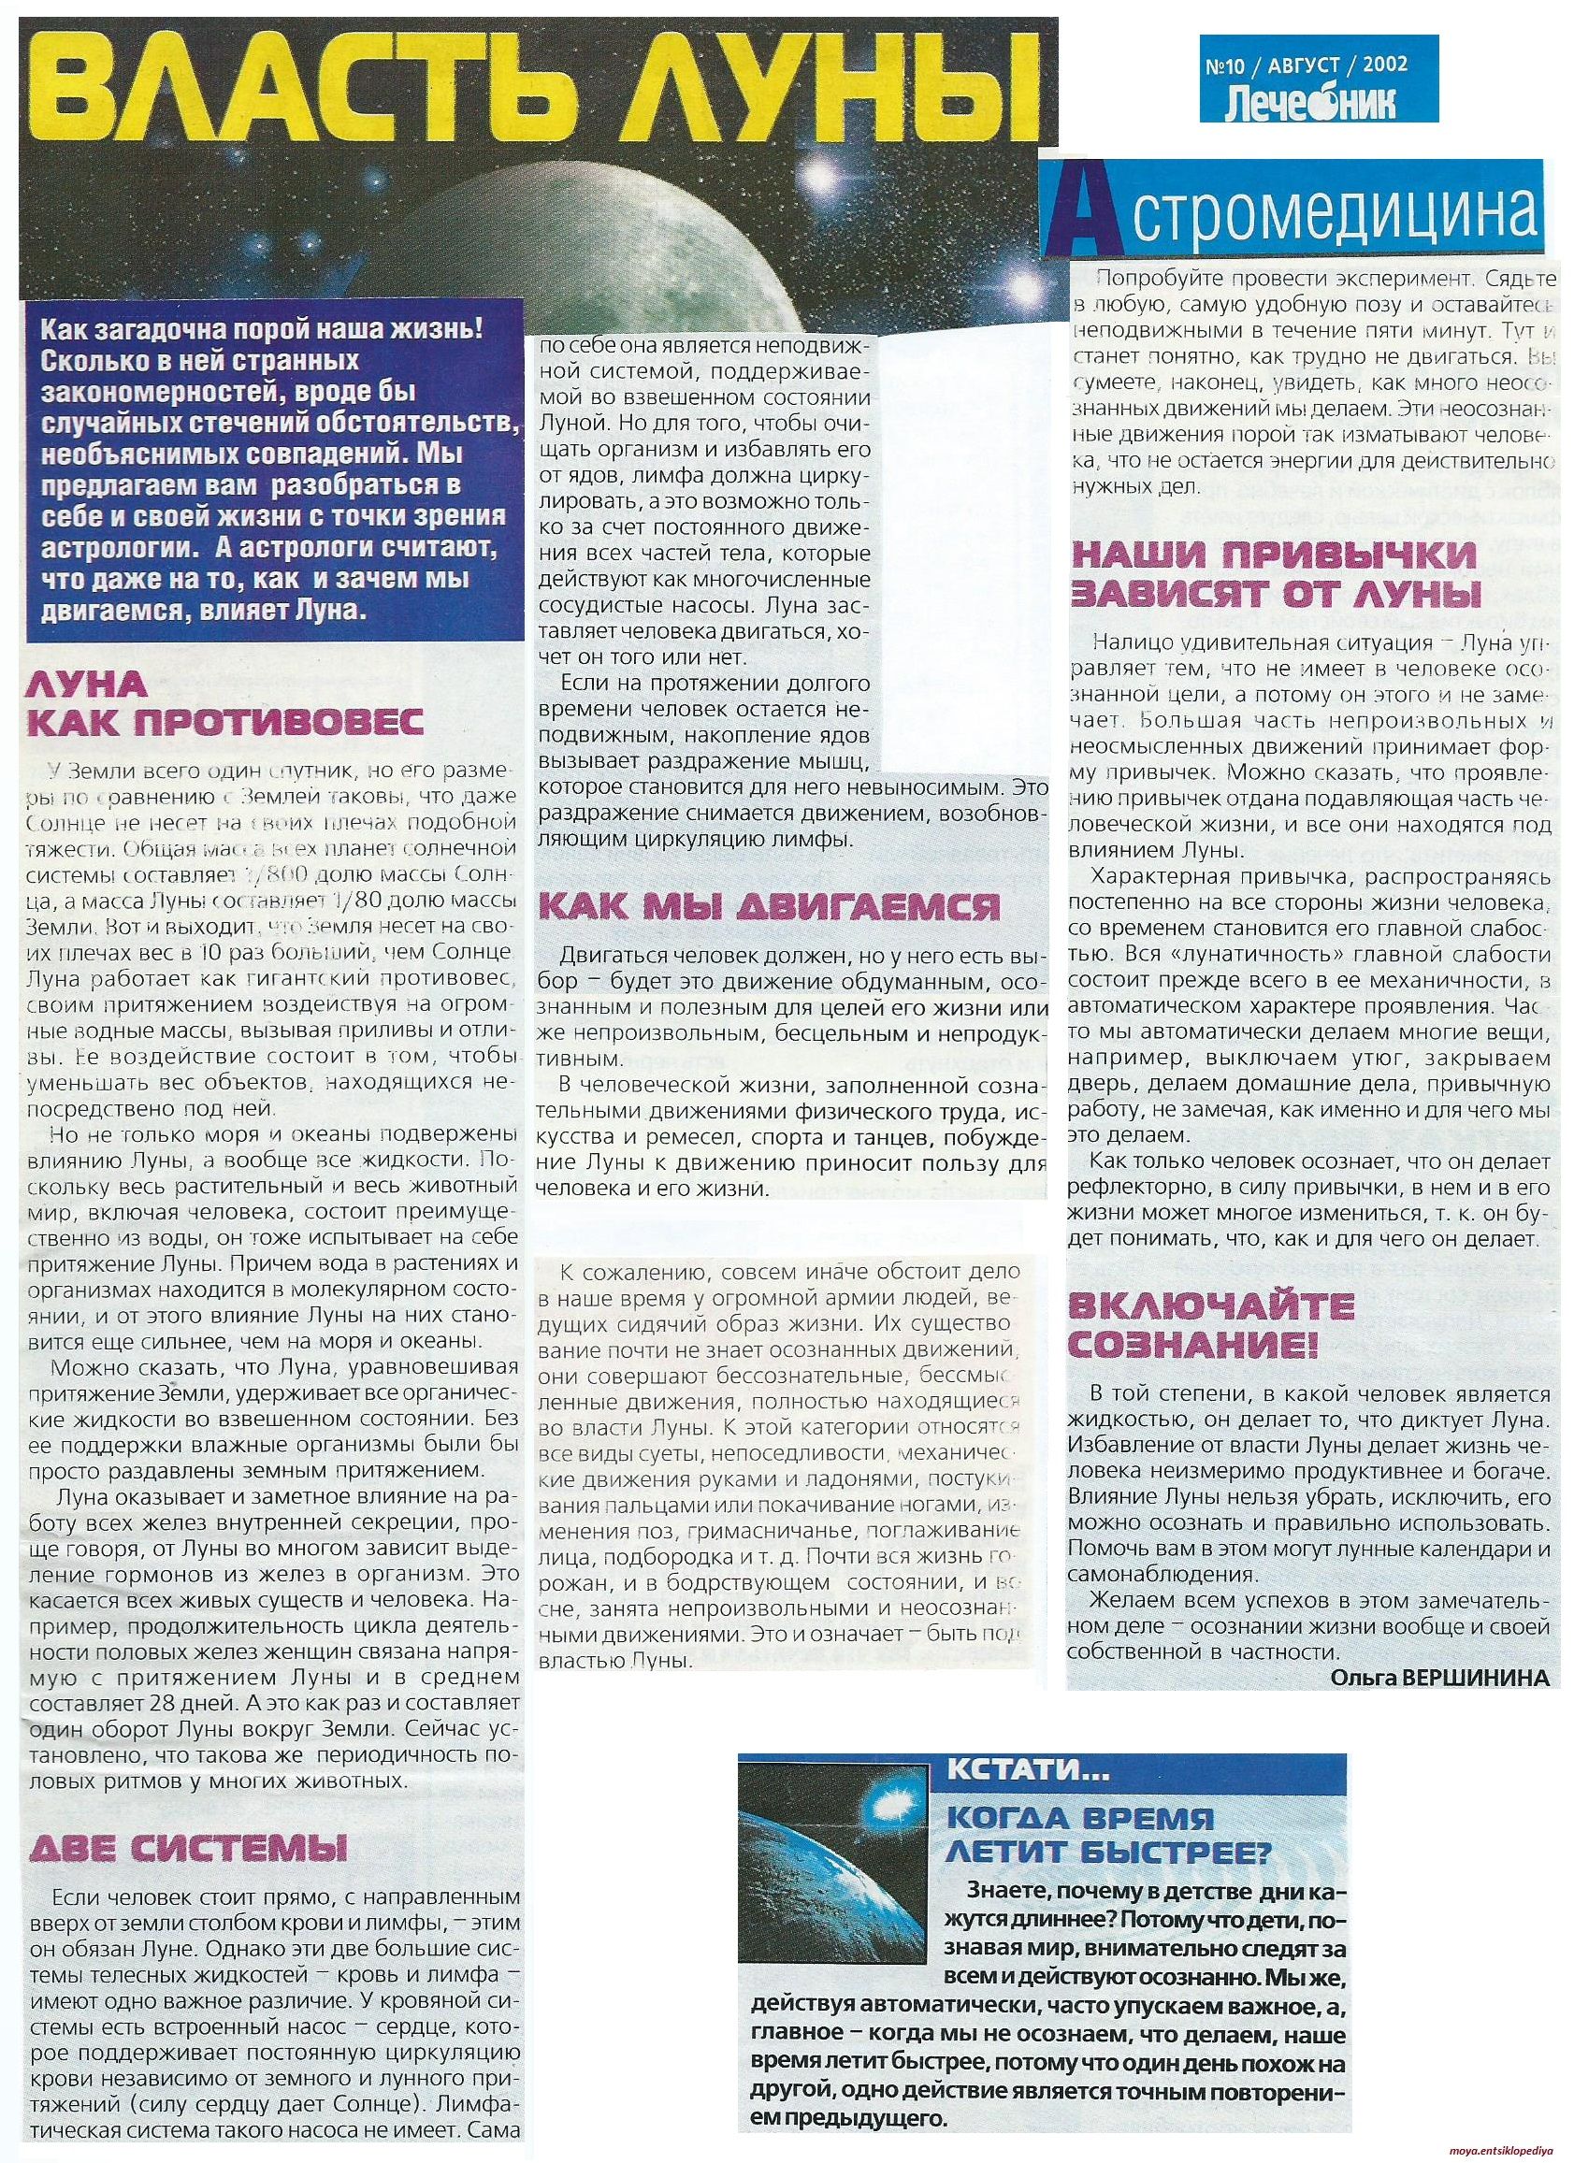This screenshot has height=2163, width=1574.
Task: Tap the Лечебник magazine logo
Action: pos(1302,102)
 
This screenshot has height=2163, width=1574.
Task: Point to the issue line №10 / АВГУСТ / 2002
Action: pos(1303,65)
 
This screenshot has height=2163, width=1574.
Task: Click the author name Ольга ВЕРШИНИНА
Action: pos(1439,1680)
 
